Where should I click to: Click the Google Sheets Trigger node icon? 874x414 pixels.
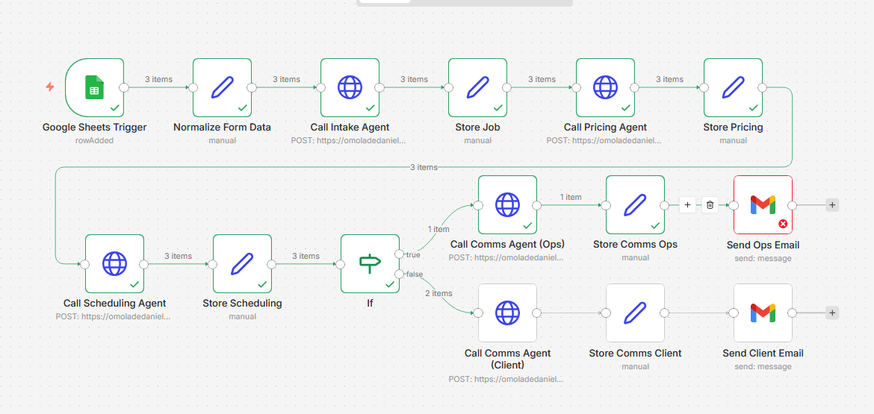coord(94,87)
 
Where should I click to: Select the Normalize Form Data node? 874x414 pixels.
coord(222,87)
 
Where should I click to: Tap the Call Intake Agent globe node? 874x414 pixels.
coord(350,87)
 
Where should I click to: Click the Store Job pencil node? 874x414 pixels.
coord(477,87)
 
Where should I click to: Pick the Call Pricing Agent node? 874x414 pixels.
coord(605,87)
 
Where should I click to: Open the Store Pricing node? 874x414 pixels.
coord(733,87)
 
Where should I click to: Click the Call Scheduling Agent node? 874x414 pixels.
coord(114,263)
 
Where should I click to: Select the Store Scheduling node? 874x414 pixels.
coord(242,263)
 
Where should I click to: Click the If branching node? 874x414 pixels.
coord(370,263)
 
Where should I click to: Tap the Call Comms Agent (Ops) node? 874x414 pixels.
coord(507,204)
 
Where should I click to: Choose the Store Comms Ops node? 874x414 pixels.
coord(635,204)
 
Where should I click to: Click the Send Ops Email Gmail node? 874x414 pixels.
coord(763,204)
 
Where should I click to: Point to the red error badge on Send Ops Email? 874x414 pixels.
coord(783,224)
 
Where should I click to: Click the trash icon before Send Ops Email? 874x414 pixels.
coord(710,204)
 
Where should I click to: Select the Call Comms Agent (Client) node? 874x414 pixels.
coord(507,313)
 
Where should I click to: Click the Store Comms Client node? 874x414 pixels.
coord(635,313)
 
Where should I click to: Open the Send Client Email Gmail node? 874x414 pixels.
coord(763,313)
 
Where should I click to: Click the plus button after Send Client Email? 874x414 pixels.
coord(832,313)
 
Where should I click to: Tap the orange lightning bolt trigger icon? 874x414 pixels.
coord(50,87)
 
